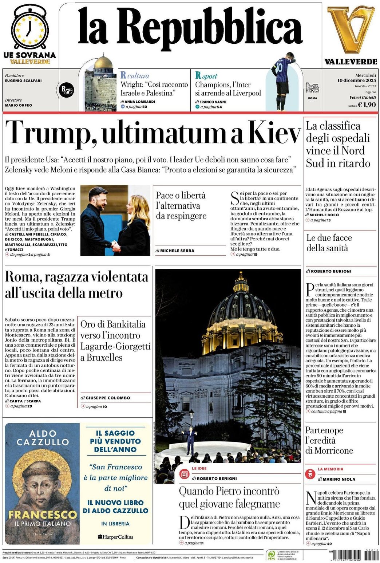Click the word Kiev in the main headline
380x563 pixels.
coord(275,132)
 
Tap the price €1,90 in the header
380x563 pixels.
coord(367,105)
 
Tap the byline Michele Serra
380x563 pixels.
coord(177,251)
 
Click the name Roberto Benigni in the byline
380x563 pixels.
coord(217,478)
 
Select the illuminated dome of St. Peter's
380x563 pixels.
coord(241,313)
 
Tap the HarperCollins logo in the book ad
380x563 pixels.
coord(115,537)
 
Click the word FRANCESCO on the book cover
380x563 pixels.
coord(43,514)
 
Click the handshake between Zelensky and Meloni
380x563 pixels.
coord(115,246)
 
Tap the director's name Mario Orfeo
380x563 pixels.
coord(19,105)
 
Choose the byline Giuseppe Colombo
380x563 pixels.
coord(108,398)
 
